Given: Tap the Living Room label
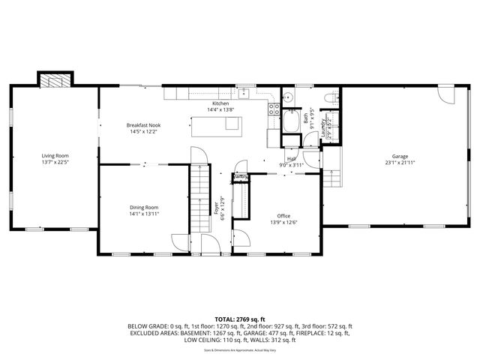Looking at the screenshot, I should click(55, 156).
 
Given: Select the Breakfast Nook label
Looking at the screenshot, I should click(143, 125).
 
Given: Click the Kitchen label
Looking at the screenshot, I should click(220, 103).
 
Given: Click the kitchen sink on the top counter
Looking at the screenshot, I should click(244, 94).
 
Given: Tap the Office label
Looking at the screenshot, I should click(283, 216).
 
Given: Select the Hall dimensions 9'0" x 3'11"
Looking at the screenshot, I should click(289, 165).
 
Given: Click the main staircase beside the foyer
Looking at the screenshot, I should click(199, 199).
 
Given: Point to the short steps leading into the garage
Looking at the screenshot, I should click(332, 175).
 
